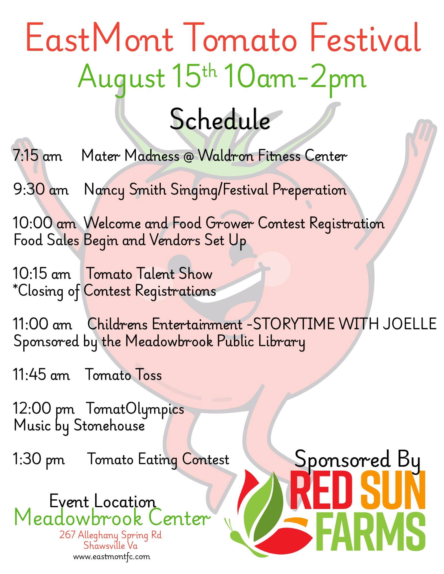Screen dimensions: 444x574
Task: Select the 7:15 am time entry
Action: [38, 156]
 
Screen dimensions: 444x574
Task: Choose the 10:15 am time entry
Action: [42, 274]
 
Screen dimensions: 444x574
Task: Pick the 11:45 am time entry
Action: [41, 375]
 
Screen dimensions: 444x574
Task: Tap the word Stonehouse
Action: [109, 425]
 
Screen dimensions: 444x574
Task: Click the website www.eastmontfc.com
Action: [112, 557]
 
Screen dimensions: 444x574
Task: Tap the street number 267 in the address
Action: [67, 535]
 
